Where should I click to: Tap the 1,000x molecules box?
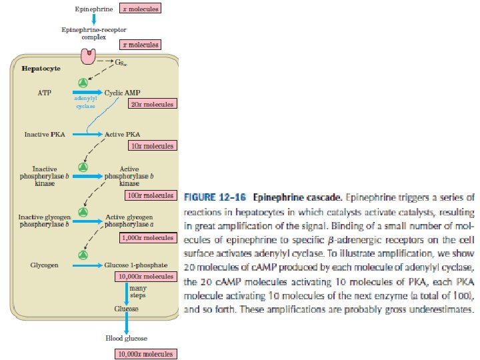pyautogui.click(x=147, y=237)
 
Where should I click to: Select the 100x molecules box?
pyautogui.click(x=150, y=195)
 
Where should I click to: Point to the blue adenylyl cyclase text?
pyautogui.click(x=85, y=102)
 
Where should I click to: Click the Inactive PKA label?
pyautogui.click(x=45, y=134)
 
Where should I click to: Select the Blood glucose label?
pyautogui.click(x=126, y=339)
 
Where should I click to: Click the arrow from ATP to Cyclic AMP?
pyautogui.click(x=87, y=93)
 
